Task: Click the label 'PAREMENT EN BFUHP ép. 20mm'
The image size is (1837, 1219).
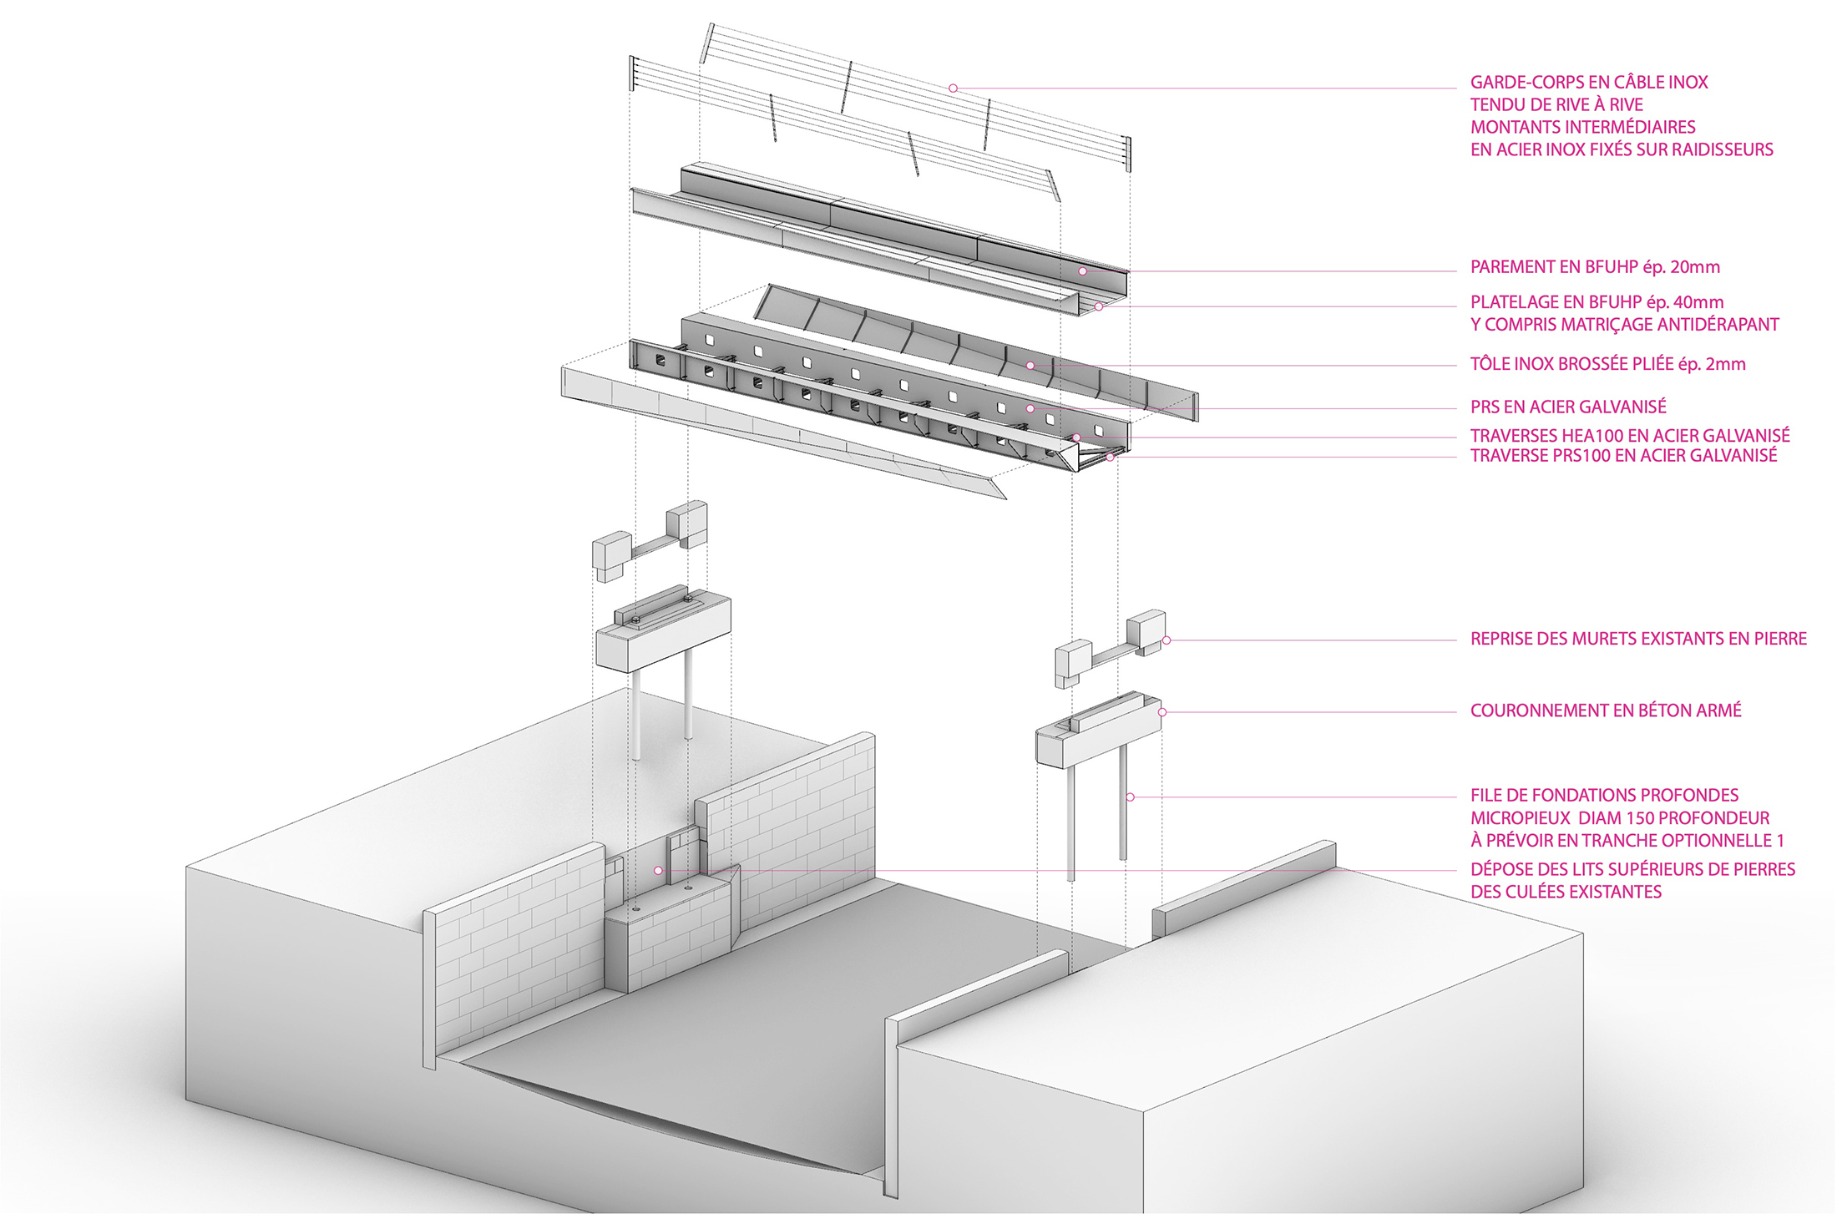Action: tap(1595, 267)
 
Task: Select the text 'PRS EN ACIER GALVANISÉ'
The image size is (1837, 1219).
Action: tap(1568, 407)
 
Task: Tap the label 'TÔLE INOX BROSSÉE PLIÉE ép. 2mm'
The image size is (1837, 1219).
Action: tap(1607, 364)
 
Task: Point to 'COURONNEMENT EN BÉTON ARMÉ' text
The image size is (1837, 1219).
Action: tap(1606, 711)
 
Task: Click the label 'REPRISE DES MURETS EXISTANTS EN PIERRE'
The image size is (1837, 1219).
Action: tap(1638, 639)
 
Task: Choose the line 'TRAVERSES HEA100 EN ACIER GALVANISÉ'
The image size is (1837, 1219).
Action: tap(1630, 435)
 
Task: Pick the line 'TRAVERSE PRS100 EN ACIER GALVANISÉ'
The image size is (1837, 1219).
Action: tap(1623, 456)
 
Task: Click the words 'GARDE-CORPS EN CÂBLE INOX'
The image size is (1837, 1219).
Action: tap(1588, 83)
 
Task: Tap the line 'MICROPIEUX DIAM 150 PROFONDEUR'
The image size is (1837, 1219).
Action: tap(1620, 818)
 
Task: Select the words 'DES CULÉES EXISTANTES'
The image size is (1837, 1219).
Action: tap(1566, 892)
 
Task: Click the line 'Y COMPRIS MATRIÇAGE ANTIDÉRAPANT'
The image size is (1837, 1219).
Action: tap(1624, 325)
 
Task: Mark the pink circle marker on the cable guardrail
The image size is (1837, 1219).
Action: tap(953, 89)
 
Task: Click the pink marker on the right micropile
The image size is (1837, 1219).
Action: tap(1131, 797)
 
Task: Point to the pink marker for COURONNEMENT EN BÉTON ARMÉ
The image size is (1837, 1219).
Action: tap(1162, 712)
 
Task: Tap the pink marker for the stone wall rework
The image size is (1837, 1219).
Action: tap(1166, 640)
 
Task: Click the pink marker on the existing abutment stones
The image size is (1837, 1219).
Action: tap(659, 871)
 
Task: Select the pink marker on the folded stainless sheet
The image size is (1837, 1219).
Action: tap(1031, 366)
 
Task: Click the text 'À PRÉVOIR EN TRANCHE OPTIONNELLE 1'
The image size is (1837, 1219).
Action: tap(1627, 841)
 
